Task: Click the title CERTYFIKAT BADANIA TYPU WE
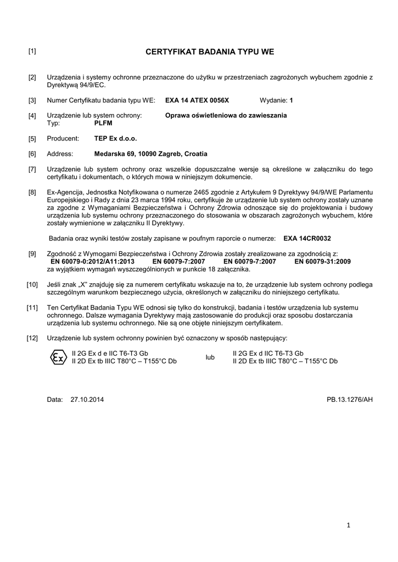tap(210, 52)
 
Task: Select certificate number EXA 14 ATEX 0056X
tap(197, 101)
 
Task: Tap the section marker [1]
tap(32, 52)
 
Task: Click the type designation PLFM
tap(103, 123)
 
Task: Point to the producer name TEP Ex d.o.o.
tap(115, 139)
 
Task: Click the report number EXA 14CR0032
tap(307, 239)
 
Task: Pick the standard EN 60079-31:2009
tap(322, 262)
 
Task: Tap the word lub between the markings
tap(210, 357)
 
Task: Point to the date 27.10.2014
tap(87, 400)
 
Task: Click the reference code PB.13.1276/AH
tap(350, 400)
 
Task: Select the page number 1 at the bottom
tap(348, 525)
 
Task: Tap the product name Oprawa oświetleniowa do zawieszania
tap(226, 116)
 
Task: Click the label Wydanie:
tap(273, 101)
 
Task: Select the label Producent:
tap(63, 139)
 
